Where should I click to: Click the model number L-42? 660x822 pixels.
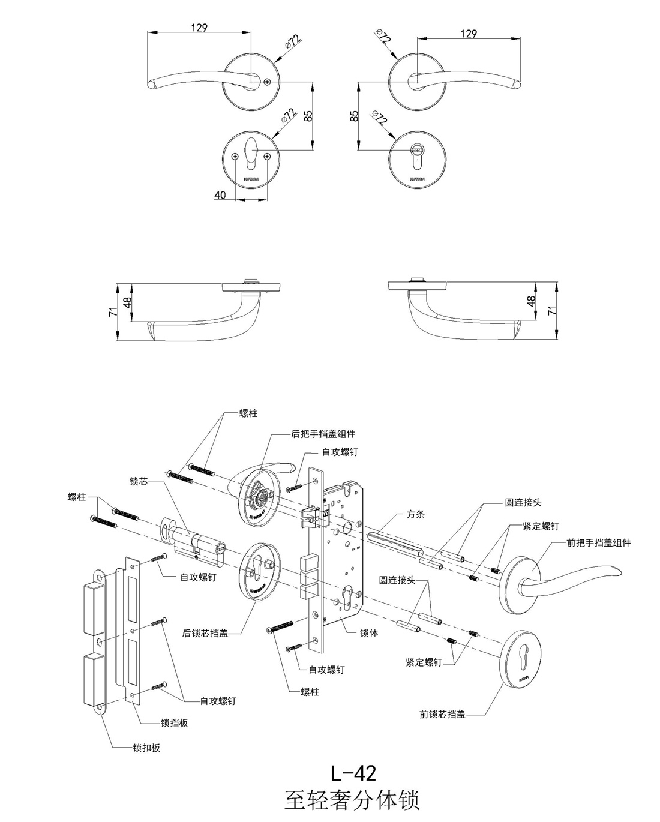(353, 773)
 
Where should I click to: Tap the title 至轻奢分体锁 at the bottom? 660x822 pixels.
(352, 800)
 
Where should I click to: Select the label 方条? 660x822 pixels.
(416, 514)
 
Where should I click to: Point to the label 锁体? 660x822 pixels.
(369, 632)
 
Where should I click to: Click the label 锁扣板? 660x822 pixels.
(146, 748)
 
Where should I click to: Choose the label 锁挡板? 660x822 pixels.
(175, 723)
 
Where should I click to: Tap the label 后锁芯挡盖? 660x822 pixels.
(205, 633)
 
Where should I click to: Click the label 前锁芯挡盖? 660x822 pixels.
(442, 714)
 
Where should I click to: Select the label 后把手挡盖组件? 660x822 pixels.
(323, 434)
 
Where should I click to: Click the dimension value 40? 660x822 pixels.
(220, 195)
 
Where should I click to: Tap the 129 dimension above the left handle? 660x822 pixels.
(199, 28)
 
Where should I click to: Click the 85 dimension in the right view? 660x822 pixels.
(354, 115)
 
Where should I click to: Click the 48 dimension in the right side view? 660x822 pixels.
(531, 301)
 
